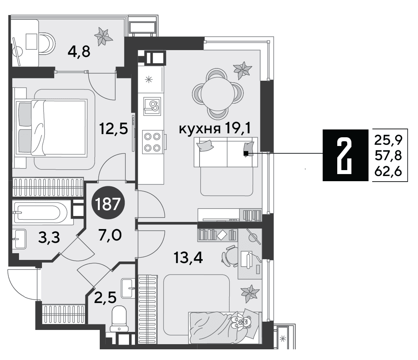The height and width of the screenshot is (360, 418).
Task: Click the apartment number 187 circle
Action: pyautogui.click(x=108, y=205)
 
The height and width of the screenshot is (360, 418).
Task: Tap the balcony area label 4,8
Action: pyautogui.click(x=79, y=52)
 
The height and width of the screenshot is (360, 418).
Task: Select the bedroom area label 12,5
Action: pyautogui.click(x=113, y=129)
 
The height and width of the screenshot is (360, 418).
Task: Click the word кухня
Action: pyautogui.click(x=199, y=129)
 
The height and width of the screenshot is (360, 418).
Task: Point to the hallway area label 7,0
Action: pyautogui.click(x=110, y=235)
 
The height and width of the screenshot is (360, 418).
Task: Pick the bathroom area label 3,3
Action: pyautogui.click(x=49, y=238)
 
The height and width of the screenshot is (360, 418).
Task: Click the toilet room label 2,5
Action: pyautogui.click(x=105, y=297)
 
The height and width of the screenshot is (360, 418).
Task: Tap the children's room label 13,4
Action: pyautogui.click(x=188, y=258)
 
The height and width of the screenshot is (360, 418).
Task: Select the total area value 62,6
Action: pyautogui.click(x=388, y=172)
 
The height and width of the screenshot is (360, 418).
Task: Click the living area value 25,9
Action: pyautogui.click(x=388, y=140)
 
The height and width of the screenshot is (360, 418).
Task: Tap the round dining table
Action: pyautogui.click(x=218, y=93)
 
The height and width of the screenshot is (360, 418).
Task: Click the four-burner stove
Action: pyautogui.click(x=153, y=142)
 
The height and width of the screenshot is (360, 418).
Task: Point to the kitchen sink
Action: pyautogui.click(x=152, y=106)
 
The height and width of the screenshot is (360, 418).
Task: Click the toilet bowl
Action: pyautogui.click(x=119, y=318)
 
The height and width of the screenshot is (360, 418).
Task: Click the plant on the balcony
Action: pyautogui.click(x=103, y=36)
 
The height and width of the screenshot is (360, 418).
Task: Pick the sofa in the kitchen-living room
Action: pyautogui.click(x=226, y=152)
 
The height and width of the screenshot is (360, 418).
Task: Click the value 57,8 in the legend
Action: pyautogui.click(x=388, y=155)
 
